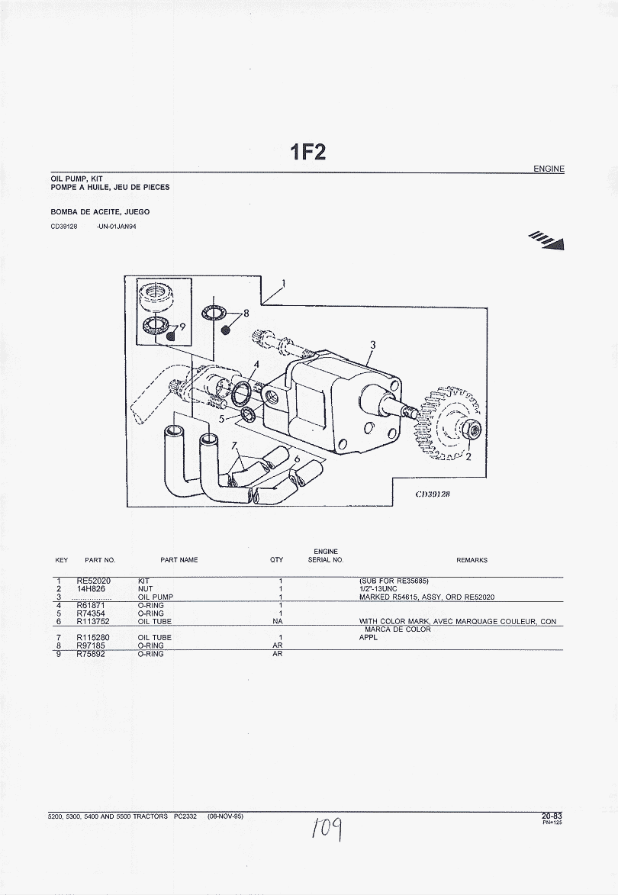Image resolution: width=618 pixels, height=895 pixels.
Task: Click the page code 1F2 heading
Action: coord(307,153)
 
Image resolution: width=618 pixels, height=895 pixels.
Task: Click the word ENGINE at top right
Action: coord(549,169)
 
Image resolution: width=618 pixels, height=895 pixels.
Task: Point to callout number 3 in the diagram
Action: coord(372,345)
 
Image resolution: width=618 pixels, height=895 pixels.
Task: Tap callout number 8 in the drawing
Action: coord(246,312)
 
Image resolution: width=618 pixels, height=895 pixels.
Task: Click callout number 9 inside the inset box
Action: coord(182,327)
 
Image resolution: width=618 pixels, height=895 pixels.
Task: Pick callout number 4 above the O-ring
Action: coord(256,364)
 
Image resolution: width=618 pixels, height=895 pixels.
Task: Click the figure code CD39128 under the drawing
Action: coord(433,494)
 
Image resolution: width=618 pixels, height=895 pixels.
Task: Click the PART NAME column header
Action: coord(179,560)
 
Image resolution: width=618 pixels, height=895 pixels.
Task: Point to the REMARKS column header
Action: coord(472,560)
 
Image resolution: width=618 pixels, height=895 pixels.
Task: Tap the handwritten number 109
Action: coord(325,826)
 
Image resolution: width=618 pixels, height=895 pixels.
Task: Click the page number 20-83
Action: coord(552,816)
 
